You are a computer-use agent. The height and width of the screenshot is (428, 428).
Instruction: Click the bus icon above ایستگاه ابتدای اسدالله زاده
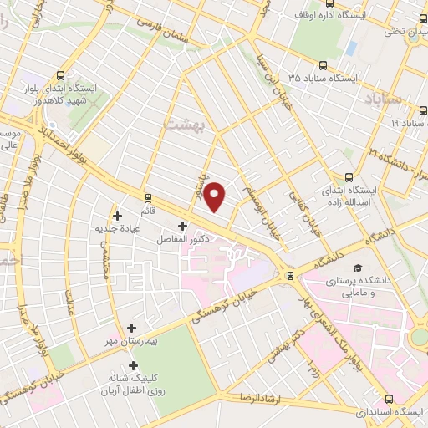point(350,177)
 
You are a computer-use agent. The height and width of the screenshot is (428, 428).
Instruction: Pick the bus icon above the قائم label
point(149,198)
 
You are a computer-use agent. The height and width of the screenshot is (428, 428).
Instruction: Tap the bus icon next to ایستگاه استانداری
point(418,411)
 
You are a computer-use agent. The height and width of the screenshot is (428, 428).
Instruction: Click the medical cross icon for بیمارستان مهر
point(130,328)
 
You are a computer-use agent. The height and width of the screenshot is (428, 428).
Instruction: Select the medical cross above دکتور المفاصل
point(183,226)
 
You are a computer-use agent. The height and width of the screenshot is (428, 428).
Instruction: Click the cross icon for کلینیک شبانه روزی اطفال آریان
point(133,365)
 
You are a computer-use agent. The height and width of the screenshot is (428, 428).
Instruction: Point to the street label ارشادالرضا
point(261,395)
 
